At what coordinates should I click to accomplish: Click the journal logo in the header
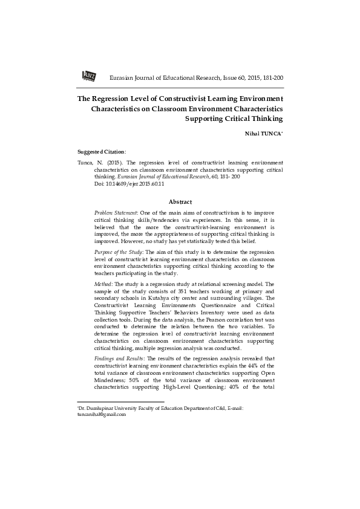(88, 76)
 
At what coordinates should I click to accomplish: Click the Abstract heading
(180, 201)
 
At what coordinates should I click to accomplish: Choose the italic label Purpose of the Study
(119, 250)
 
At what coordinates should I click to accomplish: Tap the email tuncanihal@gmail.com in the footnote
(102, 415)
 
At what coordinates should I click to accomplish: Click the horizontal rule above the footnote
(121, 401)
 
